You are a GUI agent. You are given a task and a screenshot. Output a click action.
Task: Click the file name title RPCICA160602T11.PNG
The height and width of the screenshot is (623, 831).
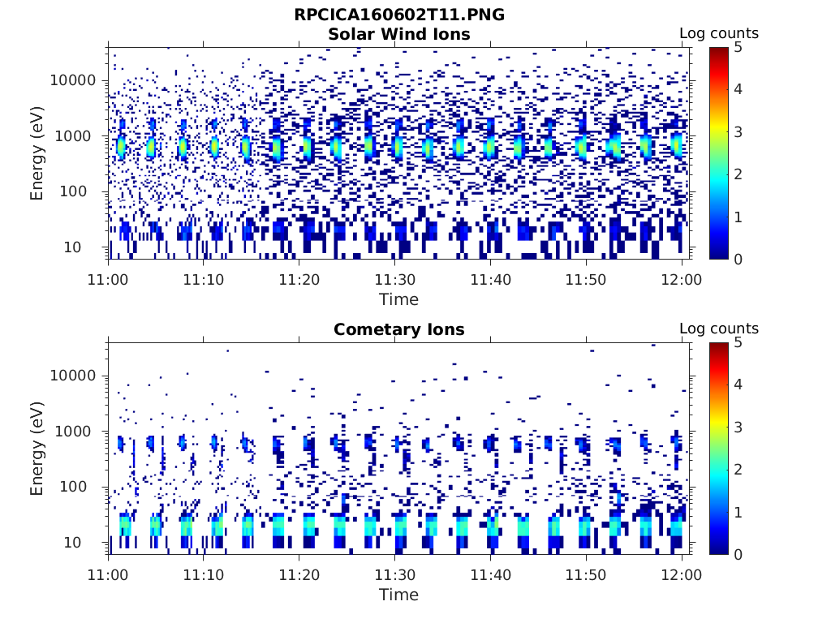[x=398, y=15]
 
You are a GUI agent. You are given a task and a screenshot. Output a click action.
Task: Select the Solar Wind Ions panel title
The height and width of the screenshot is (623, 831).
[x=398, y=34]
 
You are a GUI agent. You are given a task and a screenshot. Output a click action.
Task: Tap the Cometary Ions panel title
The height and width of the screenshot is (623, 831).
[x=398, y=329]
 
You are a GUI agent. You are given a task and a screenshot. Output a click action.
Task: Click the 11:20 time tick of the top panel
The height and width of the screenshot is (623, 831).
[x=299, y=279]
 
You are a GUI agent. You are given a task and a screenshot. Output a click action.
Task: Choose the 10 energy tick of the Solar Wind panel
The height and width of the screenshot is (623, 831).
[x=88, y=247]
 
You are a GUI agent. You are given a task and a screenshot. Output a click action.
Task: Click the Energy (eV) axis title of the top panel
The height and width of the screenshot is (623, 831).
[x=37, y=153]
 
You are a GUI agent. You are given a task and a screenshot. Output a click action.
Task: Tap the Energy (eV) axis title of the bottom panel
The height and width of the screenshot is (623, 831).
[x=37, y=448]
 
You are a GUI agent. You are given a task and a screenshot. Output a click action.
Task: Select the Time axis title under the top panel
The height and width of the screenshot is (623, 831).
[x=398, y=299]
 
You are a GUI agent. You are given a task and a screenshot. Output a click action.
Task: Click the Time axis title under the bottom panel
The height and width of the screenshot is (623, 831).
[x=398, y=595]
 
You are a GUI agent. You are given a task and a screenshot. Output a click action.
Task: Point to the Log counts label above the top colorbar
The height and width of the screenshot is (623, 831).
[x=718, y=33]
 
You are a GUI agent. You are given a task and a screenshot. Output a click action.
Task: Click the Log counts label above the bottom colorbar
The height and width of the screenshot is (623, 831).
[x=718, y=329]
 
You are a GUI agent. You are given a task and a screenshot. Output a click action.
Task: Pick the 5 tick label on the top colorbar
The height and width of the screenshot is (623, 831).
[x=738, y=47]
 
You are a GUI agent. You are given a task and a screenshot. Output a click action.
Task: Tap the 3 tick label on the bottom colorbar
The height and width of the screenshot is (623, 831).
[x=738, y=428]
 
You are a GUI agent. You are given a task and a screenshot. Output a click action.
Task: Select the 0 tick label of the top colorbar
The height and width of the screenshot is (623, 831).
[x=738, y=259]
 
